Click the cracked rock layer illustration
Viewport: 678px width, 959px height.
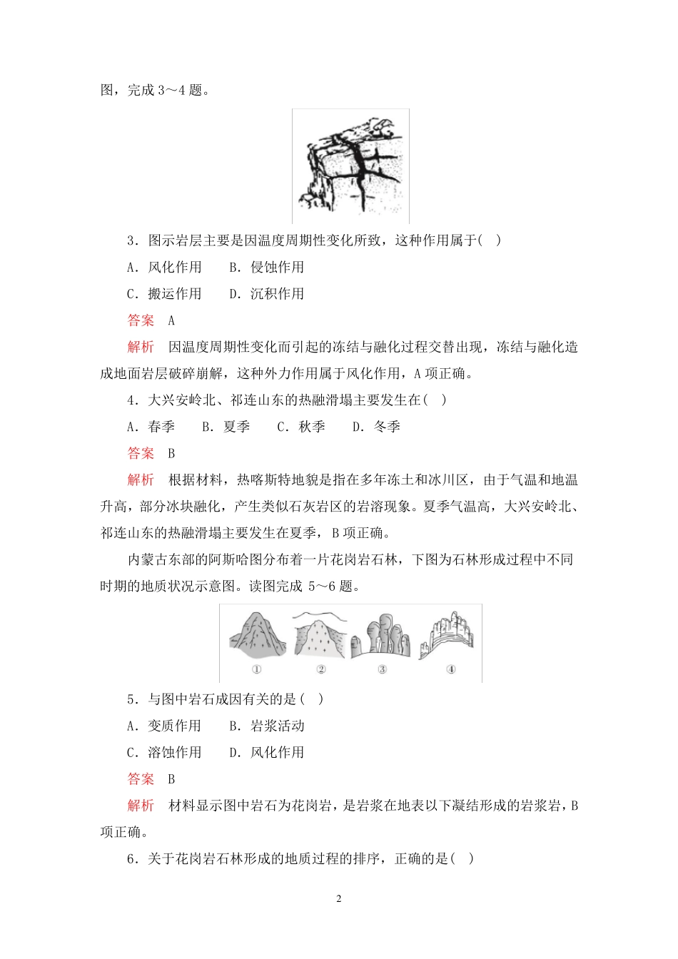(350, 167)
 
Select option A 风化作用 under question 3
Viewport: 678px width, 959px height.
(165, 268)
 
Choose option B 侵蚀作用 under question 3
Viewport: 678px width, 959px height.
(267, 268)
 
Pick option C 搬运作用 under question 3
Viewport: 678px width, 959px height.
(165, 294)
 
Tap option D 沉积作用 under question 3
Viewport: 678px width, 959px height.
(267, 294)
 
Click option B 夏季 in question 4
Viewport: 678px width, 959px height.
(226, 427)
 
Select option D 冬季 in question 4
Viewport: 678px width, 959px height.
(377, 427)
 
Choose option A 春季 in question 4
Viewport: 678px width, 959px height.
(151, 427)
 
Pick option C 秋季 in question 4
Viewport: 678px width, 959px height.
(301, 427)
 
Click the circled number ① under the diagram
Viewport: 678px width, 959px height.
(257, 669)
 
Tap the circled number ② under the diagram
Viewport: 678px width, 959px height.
(321, 669)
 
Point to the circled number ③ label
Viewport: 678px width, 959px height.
(383, 669)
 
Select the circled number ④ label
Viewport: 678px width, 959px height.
(450, 669)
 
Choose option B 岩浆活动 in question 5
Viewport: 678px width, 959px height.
(267, 726)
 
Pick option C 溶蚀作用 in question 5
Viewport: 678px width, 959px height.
(165, 753)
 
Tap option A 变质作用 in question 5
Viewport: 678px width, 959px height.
(165, 726)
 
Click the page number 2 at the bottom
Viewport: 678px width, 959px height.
(339, 899)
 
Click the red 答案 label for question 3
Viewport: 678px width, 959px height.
(141, 320)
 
